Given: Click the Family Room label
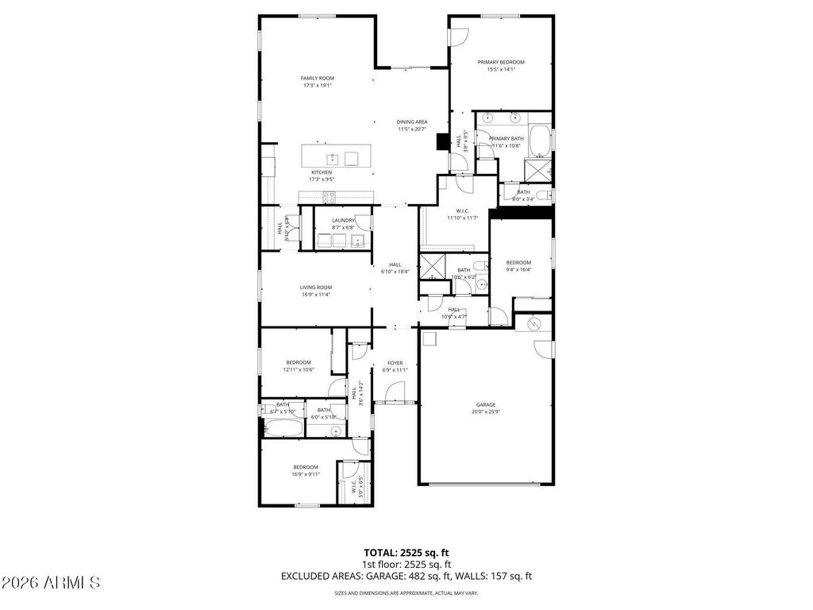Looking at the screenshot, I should click(x=317, y=78).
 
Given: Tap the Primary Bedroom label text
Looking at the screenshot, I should click(x=501, y=62).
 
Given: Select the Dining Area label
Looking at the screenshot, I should click(x=412, y=122).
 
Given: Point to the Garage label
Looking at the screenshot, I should click(x=486, y=404).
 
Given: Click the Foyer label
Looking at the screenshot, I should click(x=395, y=363).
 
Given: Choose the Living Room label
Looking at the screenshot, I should click(x=316, y=288).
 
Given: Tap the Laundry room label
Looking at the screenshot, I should click(x=344, y=220).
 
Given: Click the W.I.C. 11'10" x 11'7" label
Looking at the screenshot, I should click(x=461, y=210).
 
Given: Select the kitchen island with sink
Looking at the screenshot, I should click(x=339, y=156).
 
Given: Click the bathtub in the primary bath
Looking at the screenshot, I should click(x=541, y=141).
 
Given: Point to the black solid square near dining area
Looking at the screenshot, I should click(x=442, y=141).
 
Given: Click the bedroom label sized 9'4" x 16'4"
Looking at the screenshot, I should click(x=518, y=263).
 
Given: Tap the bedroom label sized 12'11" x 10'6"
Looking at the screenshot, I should click(x=299, y=362).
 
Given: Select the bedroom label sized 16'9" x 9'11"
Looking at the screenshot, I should click(x=306, y=467).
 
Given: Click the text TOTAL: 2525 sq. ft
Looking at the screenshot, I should click(x=406, y=552).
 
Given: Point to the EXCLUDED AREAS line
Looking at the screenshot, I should click(x=406, y=576).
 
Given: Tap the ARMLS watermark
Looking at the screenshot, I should click(x=51, y=583).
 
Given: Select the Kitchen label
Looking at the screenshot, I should click(x=322, y=172).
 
